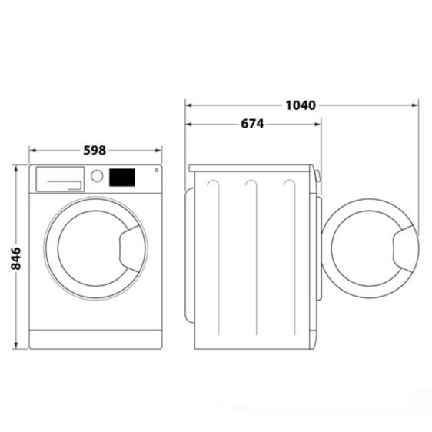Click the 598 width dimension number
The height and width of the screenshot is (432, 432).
point(95,151)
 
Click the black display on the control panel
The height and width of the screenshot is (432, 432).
point(122,178)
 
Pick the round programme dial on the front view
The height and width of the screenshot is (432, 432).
point(97,176)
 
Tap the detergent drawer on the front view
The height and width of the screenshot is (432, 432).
point(59,178)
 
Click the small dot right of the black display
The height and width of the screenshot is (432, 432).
point(156,171)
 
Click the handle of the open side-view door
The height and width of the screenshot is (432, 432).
point(405,246)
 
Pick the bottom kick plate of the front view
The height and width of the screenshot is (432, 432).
point(96,339)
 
